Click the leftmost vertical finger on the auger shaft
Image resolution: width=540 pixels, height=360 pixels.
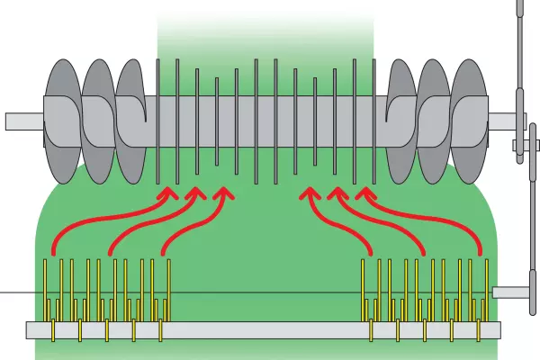pos(158,117)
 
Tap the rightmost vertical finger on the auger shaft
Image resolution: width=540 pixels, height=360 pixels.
pos(373,117)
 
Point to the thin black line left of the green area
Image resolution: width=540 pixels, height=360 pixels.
pos(18,293)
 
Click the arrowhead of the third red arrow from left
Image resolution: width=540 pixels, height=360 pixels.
pos(222,194)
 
